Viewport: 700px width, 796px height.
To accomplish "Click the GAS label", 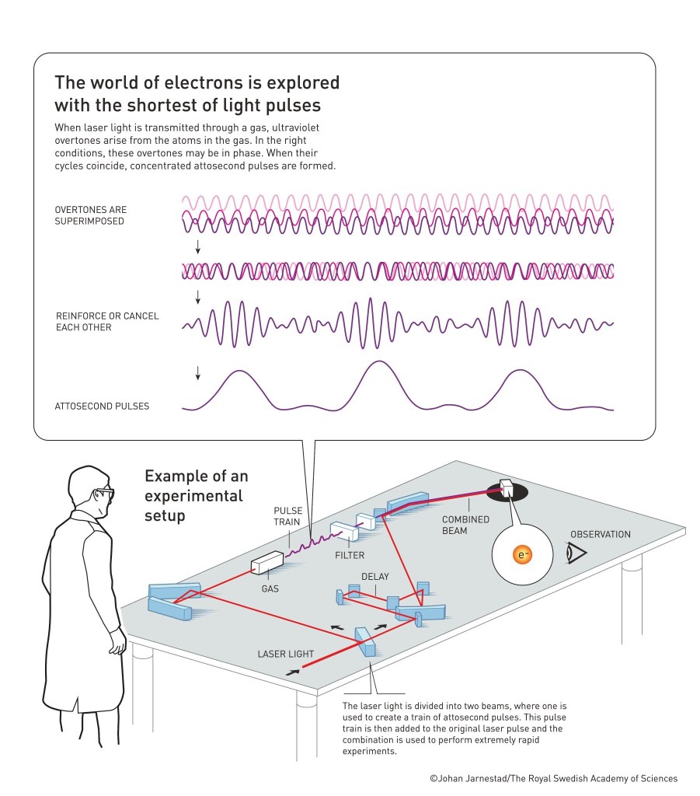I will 270,588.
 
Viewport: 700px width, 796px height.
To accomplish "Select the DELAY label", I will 374,576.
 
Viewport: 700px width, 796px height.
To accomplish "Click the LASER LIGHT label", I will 285,654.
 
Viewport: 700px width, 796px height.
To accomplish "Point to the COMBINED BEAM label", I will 465,525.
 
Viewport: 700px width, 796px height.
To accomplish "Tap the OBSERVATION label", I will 600,534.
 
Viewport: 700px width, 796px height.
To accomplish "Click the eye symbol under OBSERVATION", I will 576,552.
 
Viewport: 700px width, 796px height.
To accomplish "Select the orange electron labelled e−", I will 521,555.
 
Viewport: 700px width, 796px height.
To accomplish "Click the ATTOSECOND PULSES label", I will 102,406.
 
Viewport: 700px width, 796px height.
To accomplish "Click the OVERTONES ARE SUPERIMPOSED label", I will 90,215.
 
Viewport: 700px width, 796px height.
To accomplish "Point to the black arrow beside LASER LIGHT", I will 291,671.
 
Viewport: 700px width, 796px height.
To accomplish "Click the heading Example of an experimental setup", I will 194,495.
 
